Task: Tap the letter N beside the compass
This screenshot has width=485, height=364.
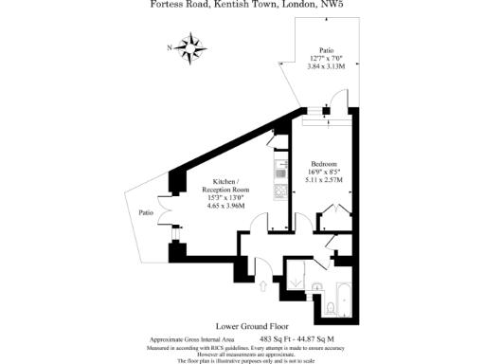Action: (x=170, y=45)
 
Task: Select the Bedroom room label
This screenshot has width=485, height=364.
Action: (x=316, y=163)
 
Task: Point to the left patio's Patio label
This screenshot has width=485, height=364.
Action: (x=146, y=212)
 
